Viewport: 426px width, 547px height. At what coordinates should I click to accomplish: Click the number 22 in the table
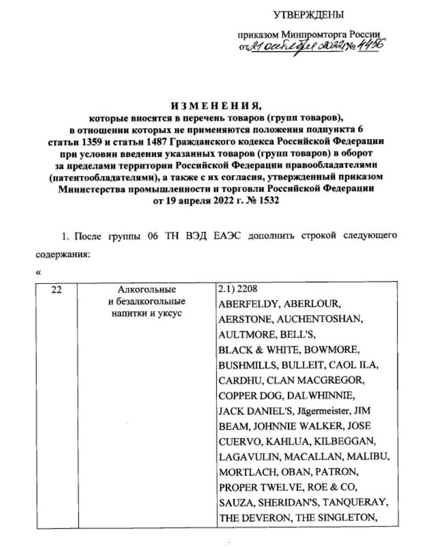point(56,290)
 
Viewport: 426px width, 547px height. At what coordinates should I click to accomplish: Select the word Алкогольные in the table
point(147,290)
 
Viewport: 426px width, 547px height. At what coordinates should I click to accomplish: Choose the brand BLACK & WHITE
point(254,350)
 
